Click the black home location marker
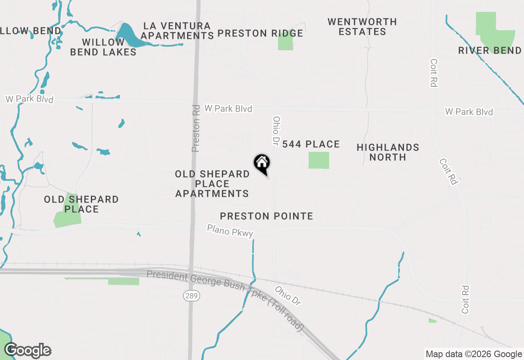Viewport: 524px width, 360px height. pyautogui.click(x=262, y=164)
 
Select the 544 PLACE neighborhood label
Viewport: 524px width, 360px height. pyautogui.click(x=311, y=144)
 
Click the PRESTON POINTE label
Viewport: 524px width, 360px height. pyautogui.click(x=267, y=216)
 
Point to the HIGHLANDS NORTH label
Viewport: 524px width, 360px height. pyautogui.click(x=388, y=152)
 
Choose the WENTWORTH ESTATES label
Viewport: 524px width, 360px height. pyautogui.click(x=362, y=27)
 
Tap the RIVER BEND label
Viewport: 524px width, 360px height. pyautogui.click(x=490, y=51)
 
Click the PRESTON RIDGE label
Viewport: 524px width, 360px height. pyautogui.click(x=260, y=34)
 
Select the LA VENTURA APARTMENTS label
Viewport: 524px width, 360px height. pyautogui.click(x=177, y=31)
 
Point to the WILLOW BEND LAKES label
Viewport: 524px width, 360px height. pyautogui.click(x=103, y=47)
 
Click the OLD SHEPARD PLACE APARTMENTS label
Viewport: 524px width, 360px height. pyautogui.click(x=212, y=184)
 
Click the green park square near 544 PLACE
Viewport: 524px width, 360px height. pyautogui.click(x=318, y=160)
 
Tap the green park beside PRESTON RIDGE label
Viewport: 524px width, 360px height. pyautogui.click(x=285, y=41)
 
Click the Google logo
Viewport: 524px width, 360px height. pyautogui.click(x=27, y=350)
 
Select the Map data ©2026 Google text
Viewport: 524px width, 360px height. pyautogui.click(x=474, y=354)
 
